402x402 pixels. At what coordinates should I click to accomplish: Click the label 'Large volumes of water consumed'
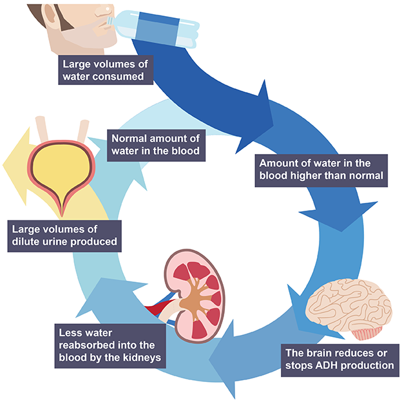tap(106, 70)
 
